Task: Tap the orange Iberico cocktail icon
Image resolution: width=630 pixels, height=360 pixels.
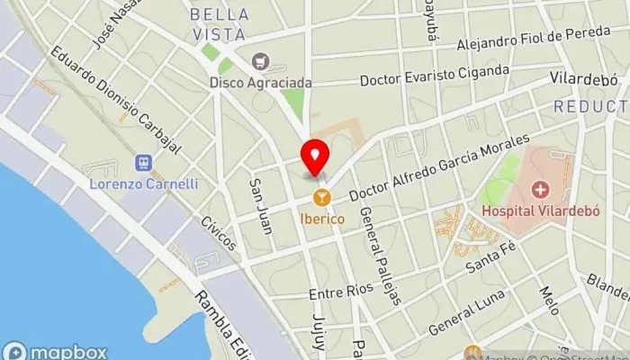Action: coord(319,196)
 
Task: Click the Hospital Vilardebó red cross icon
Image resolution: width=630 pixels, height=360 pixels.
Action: coord(540,190)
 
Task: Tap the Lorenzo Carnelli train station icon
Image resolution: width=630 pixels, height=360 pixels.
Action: coord(142,163)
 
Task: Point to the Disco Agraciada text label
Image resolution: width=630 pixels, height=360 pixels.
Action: coord(261,82)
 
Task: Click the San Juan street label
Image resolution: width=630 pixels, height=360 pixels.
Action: coord(260,205)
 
